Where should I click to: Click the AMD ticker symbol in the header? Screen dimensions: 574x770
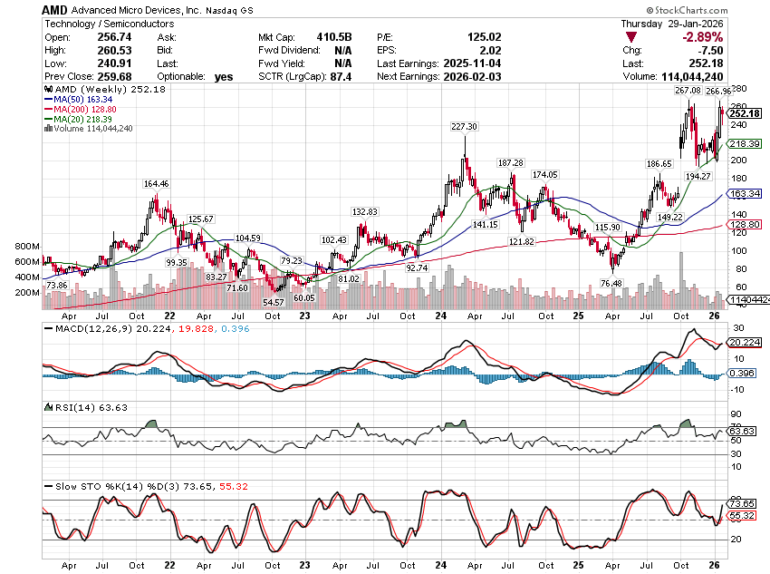pos(55,8)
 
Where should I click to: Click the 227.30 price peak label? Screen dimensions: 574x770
pos(465,127)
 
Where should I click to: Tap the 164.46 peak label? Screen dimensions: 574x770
pos(157,184)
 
